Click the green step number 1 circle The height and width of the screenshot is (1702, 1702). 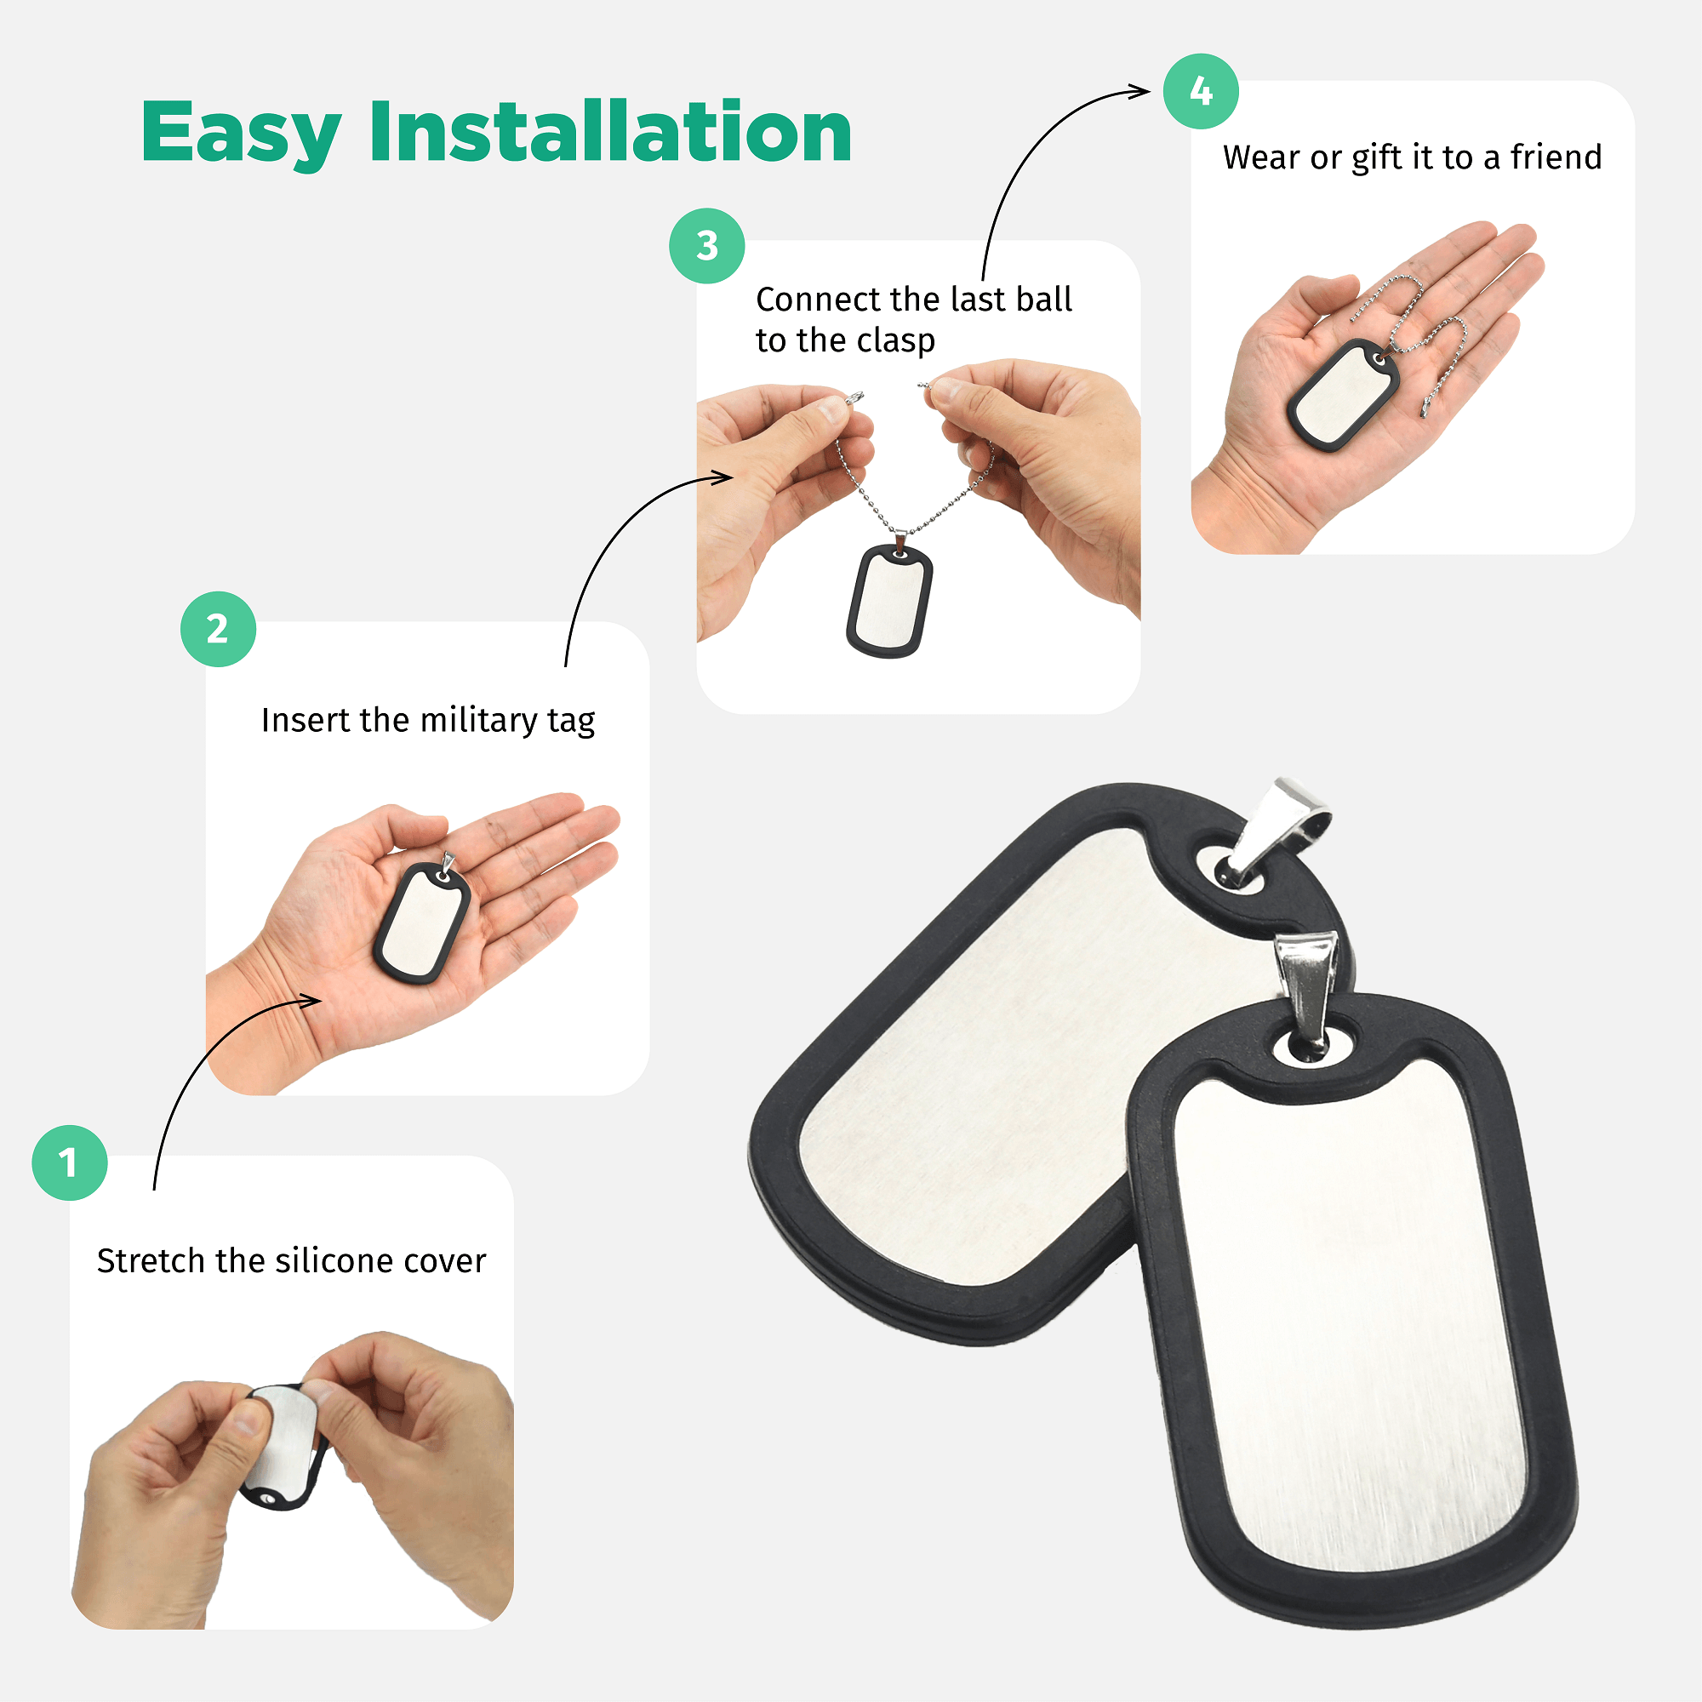tap(70, 1162)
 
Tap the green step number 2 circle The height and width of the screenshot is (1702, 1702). tap(218, 629)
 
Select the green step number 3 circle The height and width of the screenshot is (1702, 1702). tap(706, 246)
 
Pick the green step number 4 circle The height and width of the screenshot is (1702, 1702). tap(1201, 92)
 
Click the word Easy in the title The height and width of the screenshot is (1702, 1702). tap(241, 132)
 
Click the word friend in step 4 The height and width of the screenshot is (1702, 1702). tap(1556, 157)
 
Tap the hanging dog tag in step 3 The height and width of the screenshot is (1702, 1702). tap(890, 601)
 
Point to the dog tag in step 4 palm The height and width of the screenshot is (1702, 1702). tap(1343, 395)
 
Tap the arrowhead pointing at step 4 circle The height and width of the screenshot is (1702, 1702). tap(1142, 91)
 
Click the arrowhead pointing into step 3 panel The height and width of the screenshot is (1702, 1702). tap(722, 477)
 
